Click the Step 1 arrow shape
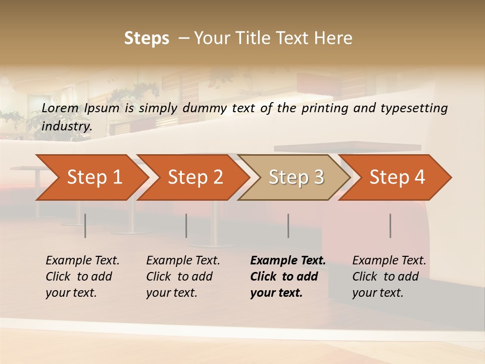pos(94,177)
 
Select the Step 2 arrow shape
pos(195,177)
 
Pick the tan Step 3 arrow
pos(296,177)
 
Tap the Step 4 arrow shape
pos(397,177)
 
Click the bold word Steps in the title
pos(147,38)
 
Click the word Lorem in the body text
pos(60,108)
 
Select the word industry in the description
pos(67,126)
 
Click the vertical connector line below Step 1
pos(85,225)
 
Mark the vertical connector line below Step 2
pos(186,225)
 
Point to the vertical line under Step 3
pos(288,225)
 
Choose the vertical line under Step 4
pos(391,225)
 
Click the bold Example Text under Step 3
pos(288,261)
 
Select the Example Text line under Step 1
pos(83,261)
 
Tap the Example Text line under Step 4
pos(390,261)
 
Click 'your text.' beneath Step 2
pos(172,293)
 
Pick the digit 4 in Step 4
pos(419,177)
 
